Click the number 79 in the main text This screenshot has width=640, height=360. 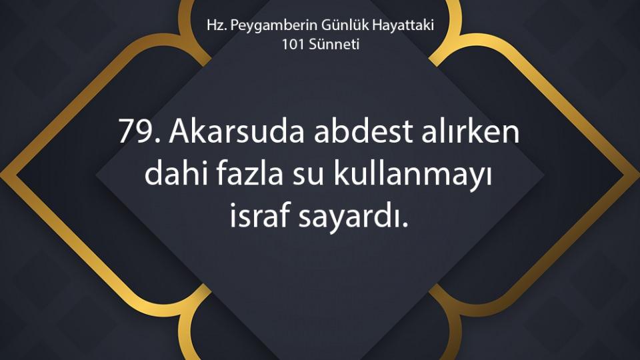pyautogui.click(x=137, y=132)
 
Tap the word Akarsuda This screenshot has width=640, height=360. pyautogui.click(x=237, y=131)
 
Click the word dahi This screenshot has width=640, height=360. pyautogui.click(x=175, y=173)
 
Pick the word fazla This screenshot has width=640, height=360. pyautogui.click(x=249, y=173)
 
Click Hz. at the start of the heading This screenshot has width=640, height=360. pyautogui.click(x=216, y=25)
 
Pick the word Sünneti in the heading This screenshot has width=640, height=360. pyautogui.click(x=334, y=44)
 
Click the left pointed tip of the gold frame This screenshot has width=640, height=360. pyautogui.click(x=1, y=176)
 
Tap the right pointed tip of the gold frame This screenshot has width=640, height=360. pyautogui.click(x=639, y=176)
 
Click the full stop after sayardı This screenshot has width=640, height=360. pyautogui.click(x=405, y=225)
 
